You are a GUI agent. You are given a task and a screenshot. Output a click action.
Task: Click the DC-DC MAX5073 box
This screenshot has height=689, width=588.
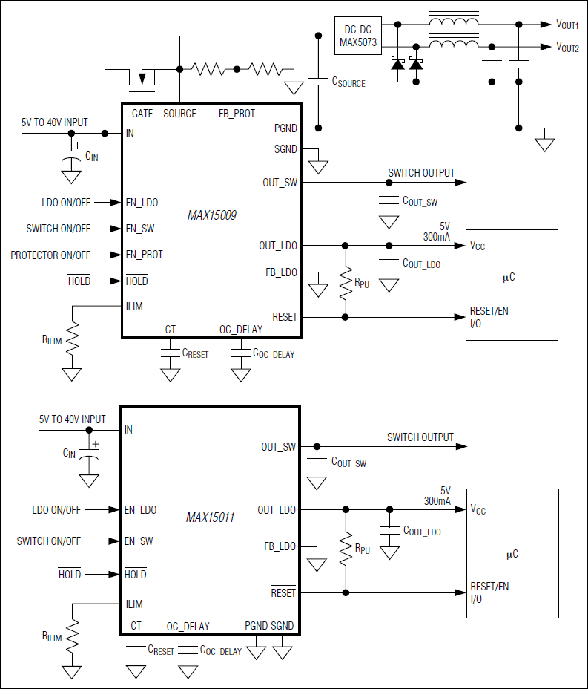tap(358, 36)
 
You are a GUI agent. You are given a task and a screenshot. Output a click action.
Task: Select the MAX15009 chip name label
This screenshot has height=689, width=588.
tap(212, 215)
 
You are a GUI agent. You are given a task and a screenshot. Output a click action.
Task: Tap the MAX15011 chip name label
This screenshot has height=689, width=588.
tap(210, 517)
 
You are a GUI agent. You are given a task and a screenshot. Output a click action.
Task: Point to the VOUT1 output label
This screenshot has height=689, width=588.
tap(567, 25)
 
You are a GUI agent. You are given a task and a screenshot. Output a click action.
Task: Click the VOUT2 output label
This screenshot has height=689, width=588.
tap(567, 47)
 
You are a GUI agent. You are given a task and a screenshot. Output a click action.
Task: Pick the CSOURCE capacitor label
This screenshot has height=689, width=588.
tap(348, 82)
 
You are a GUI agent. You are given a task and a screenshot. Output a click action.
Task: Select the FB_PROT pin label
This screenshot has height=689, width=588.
tap(237, 114)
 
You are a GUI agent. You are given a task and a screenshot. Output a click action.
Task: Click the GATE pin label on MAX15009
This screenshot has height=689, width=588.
tap(142, 114)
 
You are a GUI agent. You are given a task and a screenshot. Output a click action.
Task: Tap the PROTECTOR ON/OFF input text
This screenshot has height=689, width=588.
tap(50, 255)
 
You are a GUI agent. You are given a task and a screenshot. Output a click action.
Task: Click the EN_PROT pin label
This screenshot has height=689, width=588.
tap(144, 255)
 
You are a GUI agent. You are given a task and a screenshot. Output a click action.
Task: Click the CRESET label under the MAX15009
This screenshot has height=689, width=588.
tap(195, 353)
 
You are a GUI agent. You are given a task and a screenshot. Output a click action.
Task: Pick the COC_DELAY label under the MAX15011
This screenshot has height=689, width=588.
tap(220, 650)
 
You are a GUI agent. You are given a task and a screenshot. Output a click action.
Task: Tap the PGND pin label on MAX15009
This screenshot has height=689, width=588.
tap(285, 128)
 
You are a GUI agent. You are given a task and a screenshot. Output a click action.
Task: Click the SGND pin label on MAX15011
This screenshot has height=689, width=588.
tap(282, 626)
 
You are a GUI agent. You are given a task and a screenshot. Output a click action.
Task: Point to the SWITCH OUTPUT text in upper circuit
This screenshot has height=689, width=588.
tap(421, 173)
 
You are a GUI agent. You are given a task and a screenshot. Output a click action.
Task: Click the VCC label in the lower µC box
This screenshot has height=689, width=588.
tap(478, 510)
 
